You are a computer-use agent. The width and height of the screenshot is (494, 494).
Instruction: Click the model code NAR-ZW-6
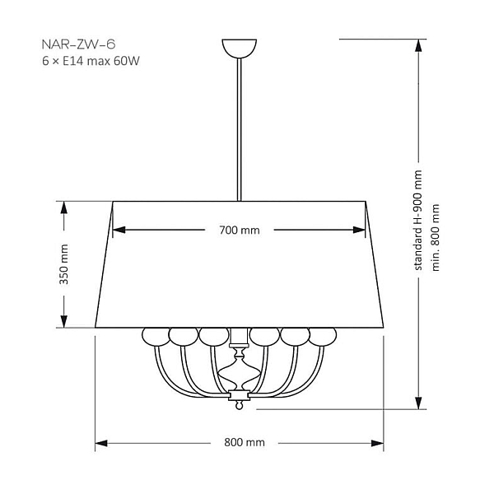[x=78, y=44]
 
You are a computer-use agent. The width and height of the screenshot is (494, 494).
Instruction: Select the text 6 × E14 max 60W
[x=91, y=61]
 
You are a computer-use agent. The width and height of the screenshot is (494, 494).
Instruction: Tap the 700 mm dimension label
[x=240, y=231]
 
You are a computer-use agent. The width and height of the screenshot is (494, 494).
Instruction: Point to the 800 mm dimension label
[x=245, y=442]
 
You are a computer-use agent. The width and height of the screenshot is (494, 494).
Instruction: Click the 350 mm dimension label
[x=63, y=264]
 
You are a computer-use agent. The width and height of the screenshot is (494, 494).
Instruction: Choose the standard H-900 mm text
[x=417, y=220]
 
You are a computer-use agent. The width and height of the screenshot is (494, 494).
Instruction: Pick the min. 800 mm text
[x=435, y=238]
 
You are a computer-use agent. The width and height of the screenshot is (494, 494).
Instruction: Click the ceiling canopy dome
[x=240, y=49]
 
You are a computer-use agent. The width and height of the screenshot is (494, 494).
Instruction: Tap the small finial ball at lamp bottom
[x=240, y=405]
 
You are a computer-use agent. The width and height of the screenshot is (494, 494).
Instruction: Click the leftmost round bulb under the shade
[x=156, y=337]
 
